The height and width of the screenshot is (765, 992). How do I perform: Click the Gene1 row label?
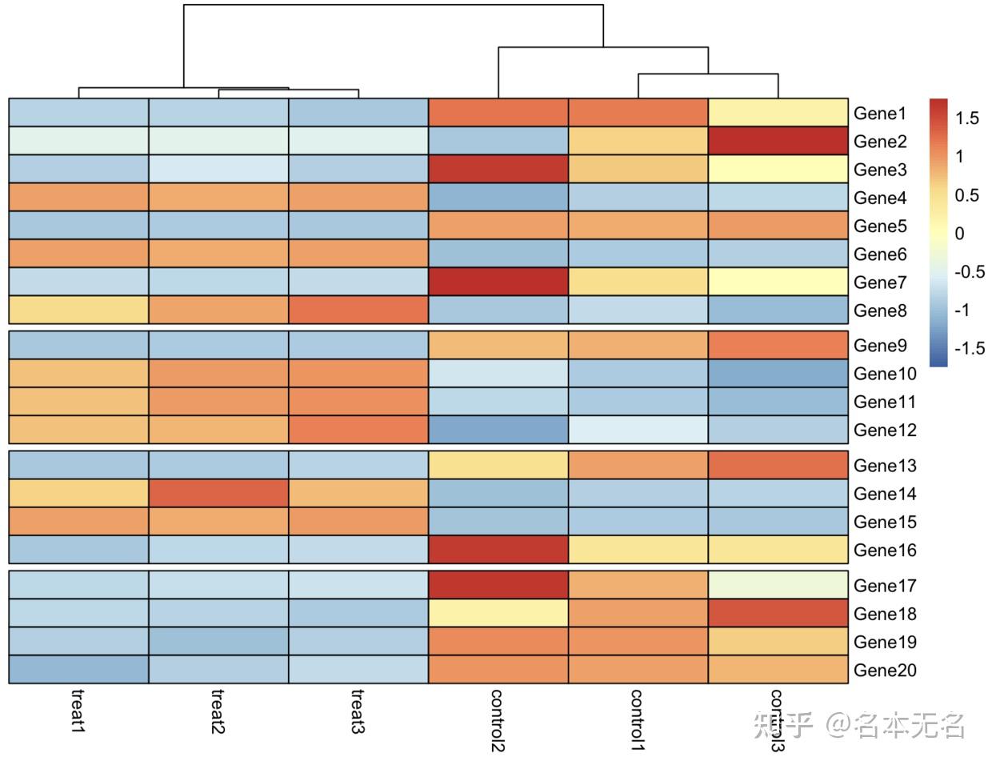point(880,114)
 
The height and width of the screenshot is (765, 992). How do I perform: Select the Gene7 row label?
point(880,282)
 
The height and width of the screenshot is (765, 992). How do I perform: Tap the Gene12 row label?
point(885,431)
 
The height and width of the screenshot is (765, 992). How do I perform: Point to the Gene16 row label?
point(885,551)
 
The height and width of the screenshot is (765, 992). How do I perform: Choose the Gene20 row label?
point(885,671)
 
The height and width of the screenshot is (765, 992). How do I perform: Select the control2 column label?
point(498,720)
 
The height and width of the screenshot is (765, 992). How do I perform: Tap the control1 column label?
point(638,719)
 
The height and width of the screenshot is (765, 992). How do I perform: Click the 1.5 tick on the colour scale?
point(966,118)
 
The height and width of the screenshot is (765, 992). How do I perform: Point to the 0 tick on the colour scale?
point(960,234)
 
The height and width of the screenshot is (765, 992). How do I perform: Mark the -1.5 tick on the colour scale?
point(970,348)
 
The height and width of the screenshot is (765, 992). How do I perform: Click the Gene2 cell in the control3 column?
point(778,142)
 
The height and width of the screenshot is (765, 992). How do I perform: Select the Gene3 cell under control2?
point(498,170)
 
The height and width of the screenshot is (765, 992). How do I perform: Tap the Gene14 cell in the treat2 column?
point(218,494)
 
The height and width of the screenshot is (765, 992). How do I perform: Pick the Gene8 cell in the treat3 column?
point(358,310)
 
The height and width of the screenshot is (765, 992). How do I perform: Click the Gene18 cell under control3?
point(778,614)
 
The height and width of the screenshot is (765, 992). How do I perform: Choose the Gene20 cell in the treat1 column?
point(78,670)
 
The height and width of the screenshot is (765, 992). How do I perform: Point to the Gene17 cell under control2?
point(498,586)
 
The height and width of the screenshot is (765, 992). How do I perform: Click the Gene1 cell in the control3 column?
point(778,113)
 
